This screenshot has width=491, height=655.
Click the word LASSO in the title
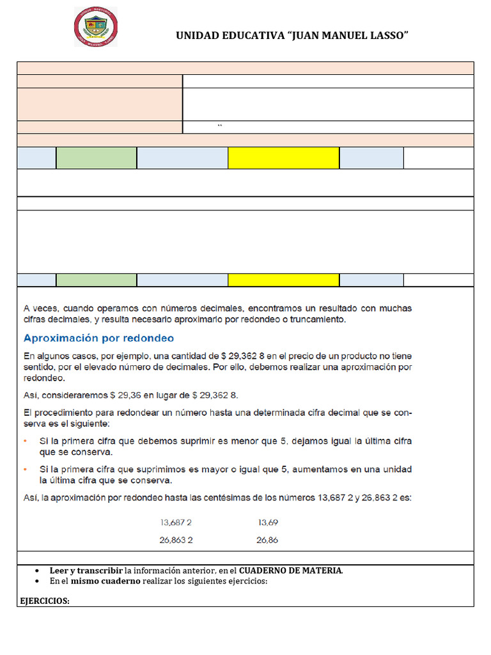tap(387, 36)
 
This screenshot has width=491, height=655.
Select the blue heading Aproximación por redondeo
tap(98, 338)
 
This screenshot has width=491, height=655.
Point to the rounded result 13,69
tap(268, 522)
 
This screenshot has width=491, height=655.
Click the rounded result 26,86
tap(267, 540)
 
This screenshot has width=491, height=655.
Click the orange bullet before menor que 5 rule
tap(26, 441)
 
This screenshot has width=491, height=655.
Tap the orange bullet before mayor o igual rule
tap(26, 469)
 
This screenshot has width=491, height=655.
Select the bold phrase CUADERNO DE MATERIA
tap(291, 571)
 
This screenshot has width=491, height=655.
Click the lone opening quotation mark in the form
tap(219, 127)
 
